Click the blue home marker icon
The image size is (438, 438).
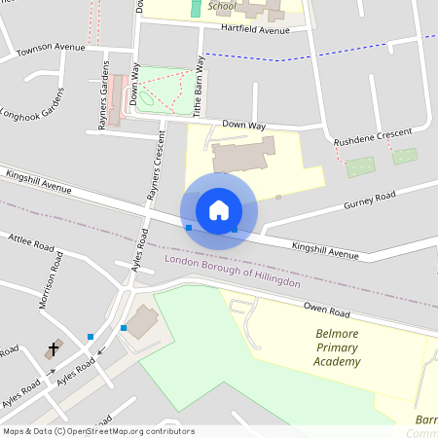pyautogui.click(x=219, y=209)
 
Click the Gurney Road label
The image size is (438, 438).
pyautogui.click(x=370, y=201)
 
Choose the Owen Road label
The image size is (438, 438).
pyautogui.click(x=325, y=312)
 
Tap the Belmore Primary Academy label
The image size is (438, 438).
pyautogui.click(x=337, y=347)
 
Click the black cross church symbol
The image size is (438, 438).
pyautogui.click(x=53, y=347)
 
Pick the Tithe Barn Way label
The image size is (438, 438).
pyautogui.click(x=199, y=88)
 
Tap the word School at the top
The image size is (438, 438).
pyautogui.click(x=222, y=6)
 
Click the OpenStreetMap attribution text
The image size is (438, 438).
pyautogui.click(x=98, y=431)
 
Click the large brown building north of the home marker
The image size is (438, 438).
pyautogui.click(x=244, y=157)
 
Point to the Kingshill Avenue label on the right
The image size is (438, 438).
pyautogui.click(x=325, y=250)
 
